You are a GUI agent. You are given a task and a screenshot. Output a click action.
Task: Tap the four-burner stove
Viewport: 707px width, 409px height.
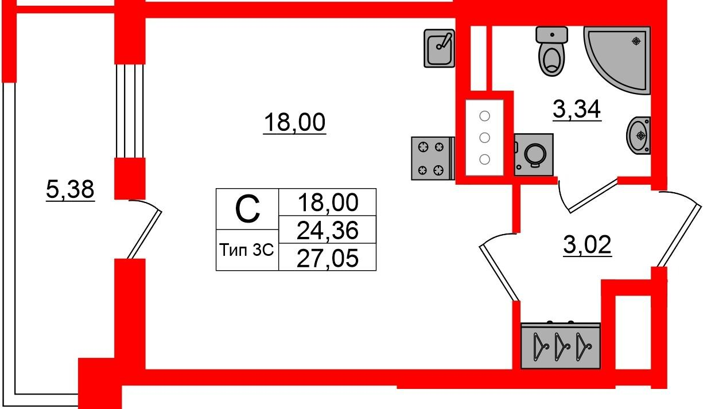tap(431, 158)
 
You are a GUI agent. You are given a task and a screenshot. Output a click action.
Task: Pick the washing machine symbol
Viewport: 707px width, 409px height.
tap(534, 154)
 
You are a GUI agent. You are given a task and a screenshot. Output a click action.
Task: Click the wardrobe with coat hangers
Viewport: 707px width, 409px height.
tap(560, 345)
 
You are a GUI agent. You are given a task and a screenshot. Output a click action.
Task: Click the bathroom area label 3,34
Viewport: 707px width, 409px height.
tap(577, 109)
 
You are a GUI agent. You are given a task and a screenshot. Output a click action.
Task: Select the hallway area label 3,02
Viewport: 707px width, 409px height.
tap(586, 247)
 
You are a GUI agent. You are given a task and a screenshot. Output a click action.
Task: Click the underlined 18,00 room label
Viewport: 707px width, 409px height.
tap(294, 122)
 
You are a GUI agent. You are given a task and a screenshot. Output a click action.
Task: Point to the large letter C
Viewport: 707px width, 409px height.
tap(247, 209)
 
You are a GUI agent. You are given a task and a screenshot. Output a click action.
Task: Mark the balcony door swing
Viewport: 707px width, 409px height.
tap(143, 229)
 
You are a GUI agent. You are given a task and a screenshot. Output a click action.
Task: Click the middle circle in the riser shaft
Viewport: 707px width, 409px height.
tap(485, 138)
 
